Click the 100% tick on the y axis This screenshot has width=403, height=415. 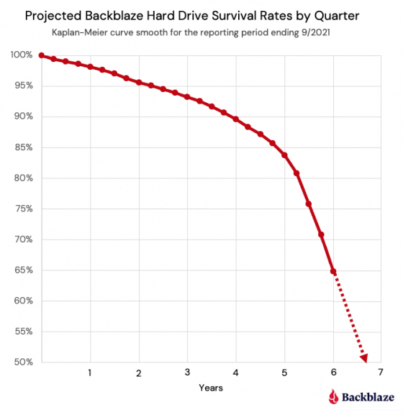22,55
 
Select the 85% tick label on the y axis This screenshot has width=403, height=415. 22,147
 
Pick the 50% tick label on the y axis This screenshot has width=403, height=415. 22,362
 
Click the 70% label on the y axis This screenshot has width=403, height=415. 22,240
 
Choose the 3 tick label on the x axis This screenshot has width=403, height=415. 187,373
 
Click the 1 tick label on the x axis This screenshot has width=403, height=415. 90,373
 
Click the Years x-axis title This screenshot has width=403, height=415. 211,388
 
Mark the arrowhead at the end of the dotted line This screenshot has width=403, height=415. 364,357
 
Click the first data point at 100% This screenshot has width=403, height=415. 42,55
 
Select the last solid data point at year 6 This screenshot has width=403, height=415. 333,271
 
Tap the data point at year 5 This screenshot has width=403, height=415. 285,155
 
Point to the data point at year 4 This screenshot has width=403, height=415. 236,119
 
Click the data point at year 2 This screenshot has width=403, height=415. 139,82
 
